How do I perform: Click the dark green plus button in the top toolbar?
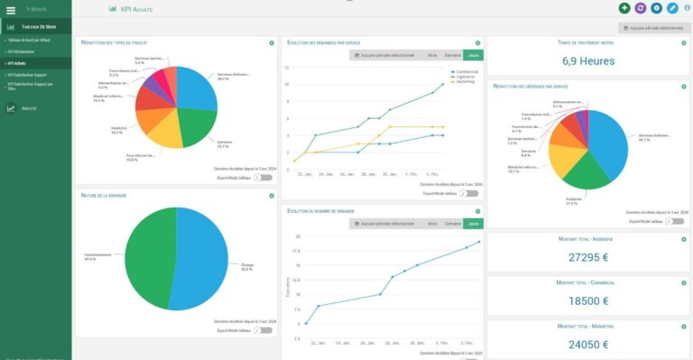point(624,8)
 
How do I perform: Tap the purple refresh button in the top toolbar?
point(640,8)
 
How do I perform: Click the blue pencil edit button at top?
point(671,8)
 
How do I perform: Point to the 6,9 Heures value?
point(587,61)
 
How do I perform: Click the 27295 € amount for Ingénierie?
point(587,257)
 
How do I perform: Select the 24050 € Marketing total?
point(587,344)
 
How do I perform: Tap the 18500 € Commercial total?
point(587,300)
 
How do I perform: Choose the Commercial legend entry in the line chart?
point(467,70)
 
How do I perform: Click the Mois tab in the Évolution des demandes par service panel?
point(432,55)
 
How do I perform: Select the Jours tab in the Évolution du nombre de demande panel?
point(473,223)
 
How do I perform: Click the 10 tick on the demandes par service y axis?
point(287,84)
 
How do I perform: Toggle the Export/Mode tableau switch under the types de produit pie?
point(263,178)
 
